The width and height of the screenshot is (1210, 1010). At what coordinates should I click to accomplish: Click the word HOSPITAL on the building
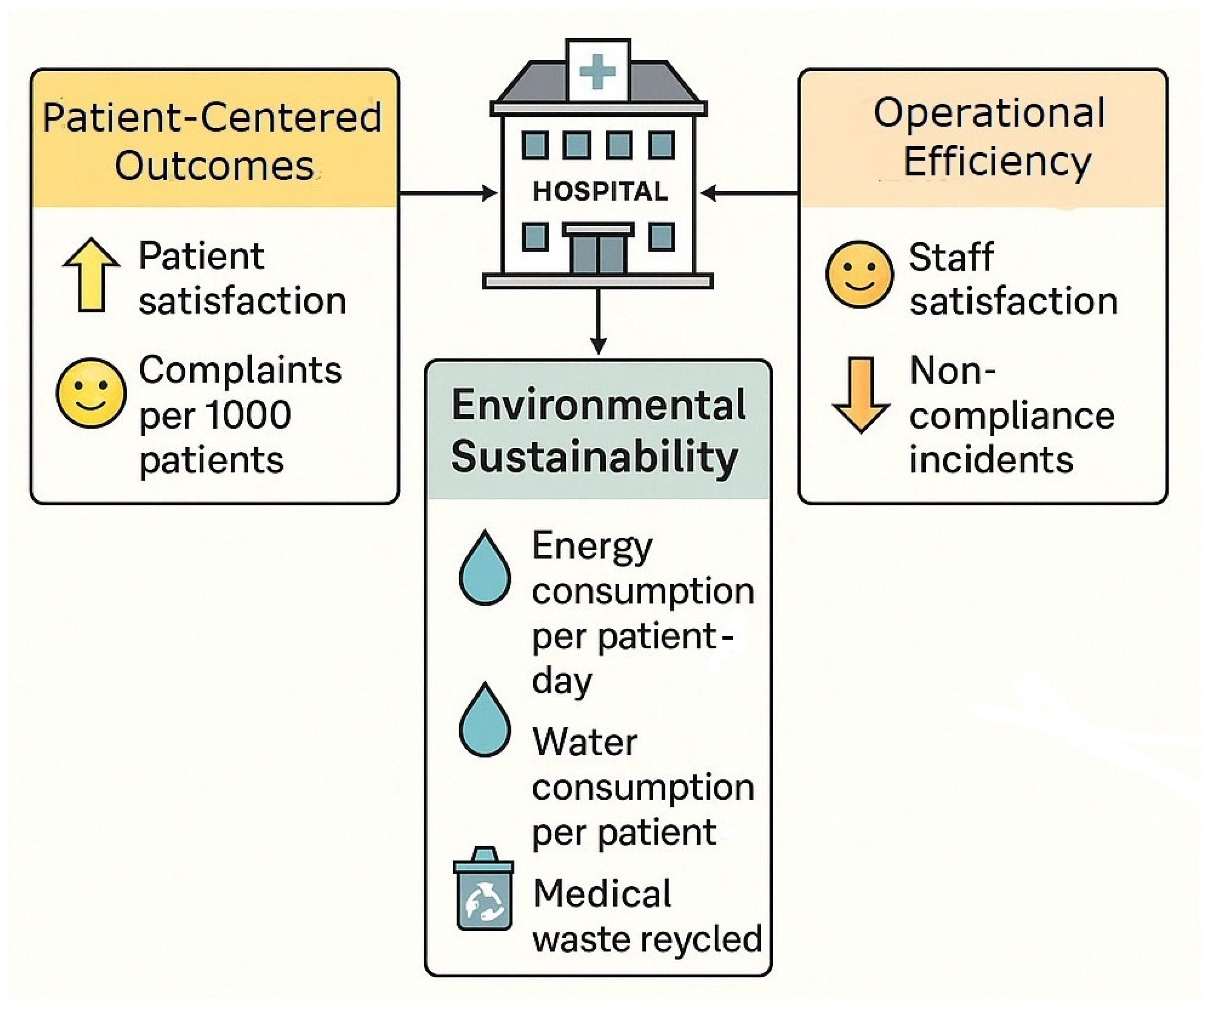tap(600, 191)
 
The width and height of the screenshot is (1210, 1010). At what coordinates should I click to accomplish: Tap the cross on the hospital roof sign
tap(598, 71)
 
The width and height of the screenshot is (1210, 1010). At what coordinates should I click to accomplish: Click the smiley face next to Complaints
tap(91, 393)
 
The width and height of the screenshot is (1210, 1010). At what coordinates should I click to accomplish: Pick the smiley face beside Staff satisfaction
tap(859, 274)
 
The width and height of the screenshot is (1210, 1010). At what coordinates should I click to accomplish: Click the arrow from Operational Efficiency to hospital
tap(750, 193)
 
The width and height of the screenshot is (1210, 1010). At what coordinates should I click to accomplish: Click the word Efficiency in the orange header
tap(997, 161)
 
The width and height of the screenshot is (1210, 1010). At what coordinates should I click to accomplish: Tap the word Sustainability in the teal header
tap(594, 457)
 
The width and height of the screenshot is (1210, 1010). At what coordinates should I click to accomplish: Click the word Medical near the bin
tap(602, 893)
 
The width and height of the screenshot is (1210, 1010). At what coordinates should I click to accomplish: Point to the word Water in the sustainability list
tap(584, 742)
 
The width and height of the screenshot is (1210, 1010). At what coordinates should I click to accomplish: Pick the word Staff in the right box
tap(951, 257)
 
